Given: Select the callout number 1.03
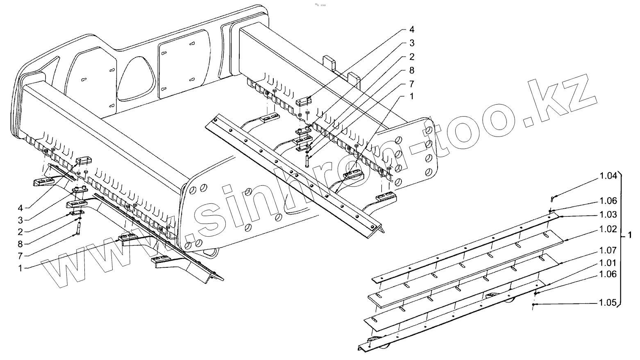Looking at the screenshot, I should pyautogui.click(x=608, y=215).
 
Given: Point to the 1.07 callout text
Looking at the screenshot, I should pyautogui.click(x=608, y=250).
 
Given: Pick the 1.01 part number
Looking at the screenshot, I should pyautogui.click(x=608, y=262).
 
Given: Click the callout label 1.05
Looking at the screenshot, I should pyautogui.click(x=608, y=303).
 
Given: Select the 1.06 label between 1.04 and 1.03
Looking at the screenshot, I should pyautogui.click(x=608, y=201).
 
